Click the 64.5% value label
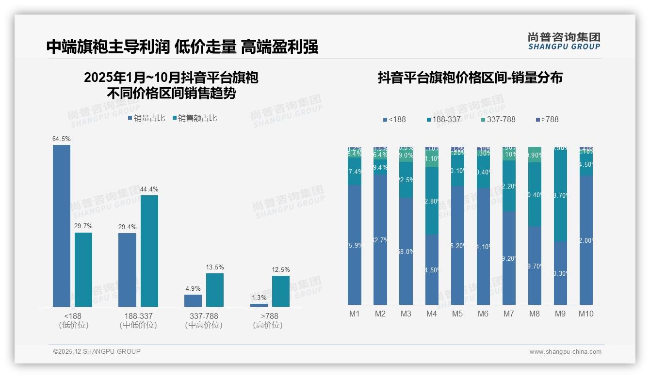62,139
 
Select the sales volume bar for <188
62,225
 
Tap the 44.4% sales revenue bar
149,251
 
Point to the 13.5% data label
215,267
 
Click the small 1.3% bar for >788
259,305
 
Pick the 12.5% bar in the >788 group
281,291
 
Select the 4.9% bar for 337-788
193,300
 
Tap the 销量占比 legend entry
146,118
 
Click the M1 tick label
355,314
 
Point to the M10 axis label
586,314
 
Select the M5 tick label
457,314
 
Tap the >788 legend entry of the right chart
547,119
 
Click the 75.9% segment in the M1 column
355,245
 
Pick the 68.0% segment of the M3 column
406,251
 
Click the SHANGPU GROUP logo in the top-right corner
564,41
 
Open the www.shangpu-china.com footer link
565,352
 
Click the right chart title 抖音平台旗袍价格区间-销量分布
470,78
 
